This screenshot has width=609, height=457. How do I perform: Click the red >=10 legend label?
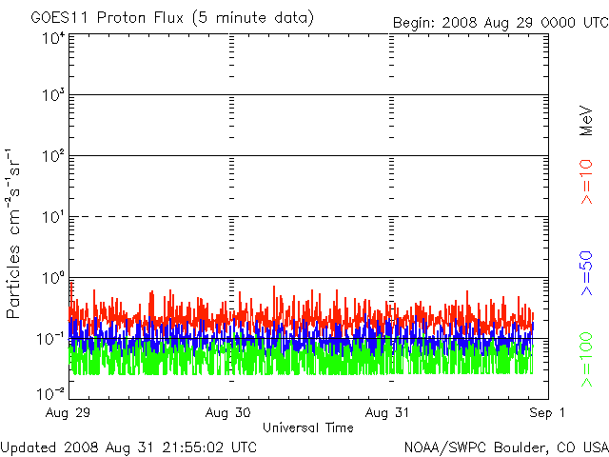click(586, 182)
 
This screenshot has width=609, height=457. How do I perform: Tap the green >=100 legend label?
click(586, 360)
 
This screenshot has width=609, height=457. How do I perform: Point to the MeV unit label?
click(586, 118)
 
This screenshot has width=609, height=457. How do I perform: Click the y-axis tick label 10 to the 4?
click(52, 39)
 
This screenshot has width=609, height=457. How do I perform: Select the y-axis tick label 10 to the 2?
click(52, 157)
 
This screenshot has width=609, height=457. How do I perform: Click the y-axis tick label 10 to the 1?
click(52, 218)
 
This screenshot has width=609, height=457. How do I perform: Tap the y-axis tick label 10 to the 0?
click(52, 279)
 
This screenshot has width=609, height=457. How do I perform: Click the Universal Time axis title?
click(307, 427)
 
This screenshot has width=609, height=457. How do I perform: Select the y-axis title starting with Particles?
click(16, 233)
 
